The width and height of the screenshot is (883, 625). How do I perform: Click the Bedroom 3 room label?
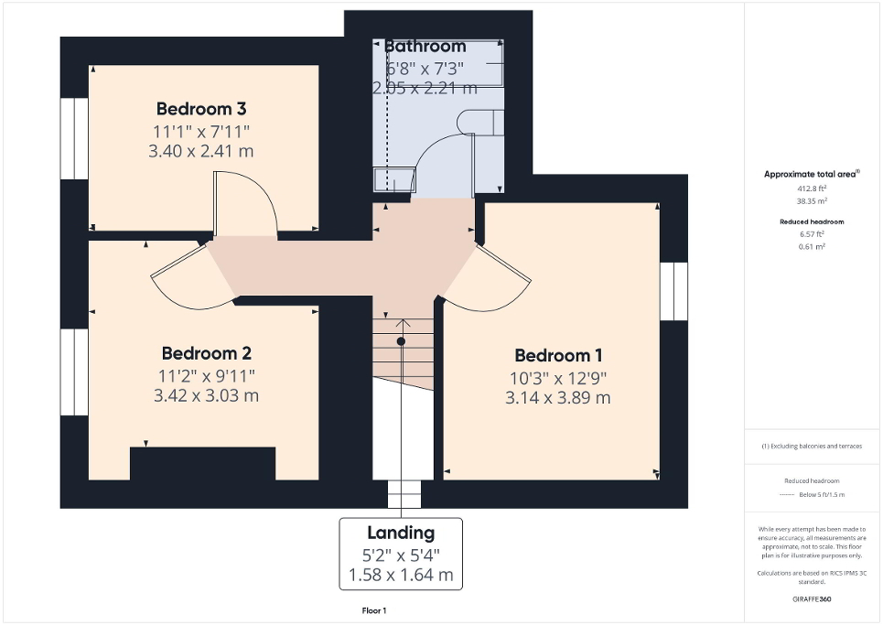coord(200,109)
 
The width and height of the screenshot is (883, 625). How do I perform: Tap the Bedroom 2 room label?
coord(207,353)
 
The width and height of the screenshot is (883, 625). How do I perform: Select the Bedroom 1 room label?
coord(557,355)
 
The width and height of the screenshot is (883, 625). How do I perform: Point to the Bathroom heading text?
coord(425,46)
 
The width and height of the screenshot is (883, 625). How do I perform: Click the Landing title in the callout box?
coord(401,533)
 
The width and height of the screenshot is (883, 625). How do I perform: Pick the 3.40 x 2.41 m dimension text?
coord(200,151)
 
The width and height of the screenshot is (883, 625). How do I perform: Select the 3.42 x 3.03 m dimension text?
coord(207,395)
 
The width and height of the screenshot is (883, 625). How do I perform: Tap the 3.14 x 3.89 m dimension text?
coord(557,397)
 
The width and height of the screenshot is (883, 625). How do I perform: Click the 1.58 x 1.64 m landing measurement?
coord(401,575)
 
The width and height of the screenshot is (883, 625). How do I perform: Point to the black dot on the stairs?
coord(401,340)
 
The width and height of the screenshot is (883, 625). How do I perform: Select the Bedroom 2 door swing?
coord(188,275)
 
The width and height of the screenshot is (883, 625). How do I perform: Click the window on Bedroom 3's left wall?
coord(74,138)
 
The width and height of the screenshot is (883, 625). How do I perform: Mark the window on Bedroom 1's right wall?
coord(673,291)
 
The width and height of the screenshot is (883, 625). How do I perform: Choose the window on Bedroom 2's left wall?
coord(74,372)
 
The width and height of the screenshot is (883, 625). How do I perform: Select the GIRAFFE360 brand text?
coord(812,599)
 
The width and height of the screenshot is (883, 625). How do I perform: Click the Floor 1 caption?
coord(374,610)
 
